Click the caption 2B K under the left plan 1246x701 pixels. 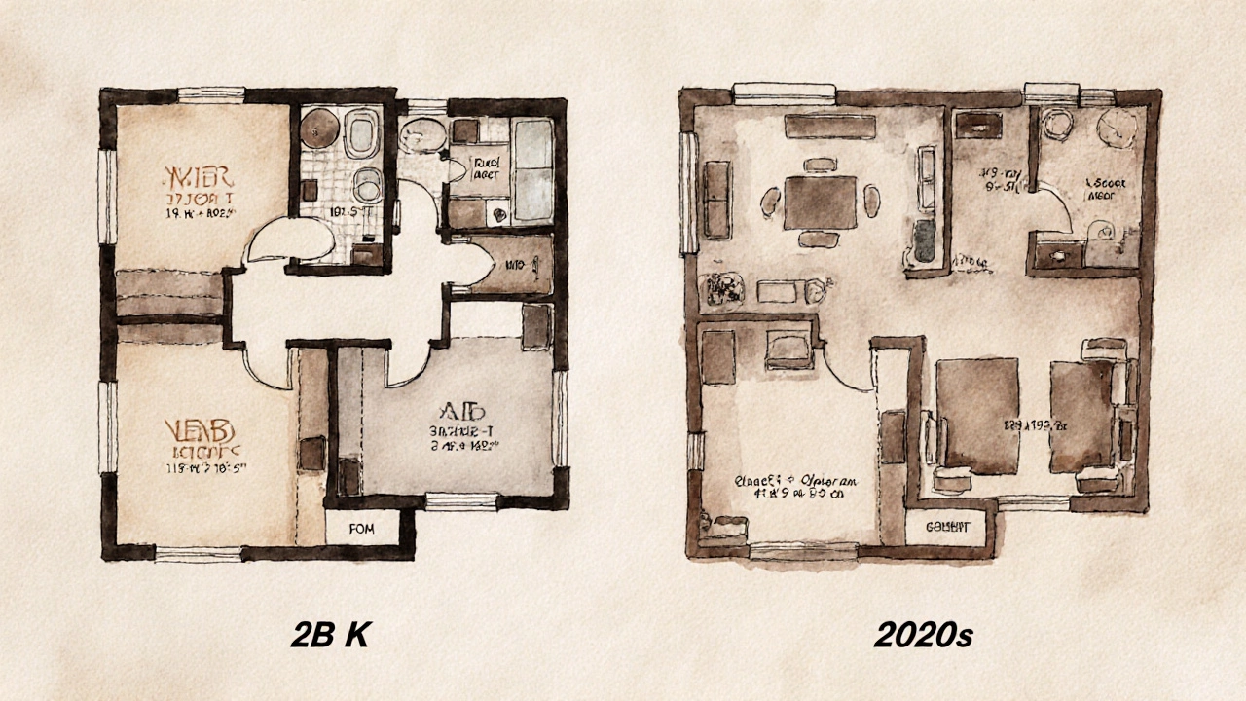(x=330, y=635)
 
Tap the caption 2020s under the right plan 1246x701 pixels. (x=923, y=635)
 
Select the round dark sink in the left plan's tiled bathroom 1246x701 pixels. (x=318, y=127)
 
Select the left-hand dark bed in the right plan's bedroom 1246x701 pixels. (x=977, y=415)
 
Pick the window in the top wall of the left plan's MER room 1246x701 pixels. (x=210, y=94)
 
